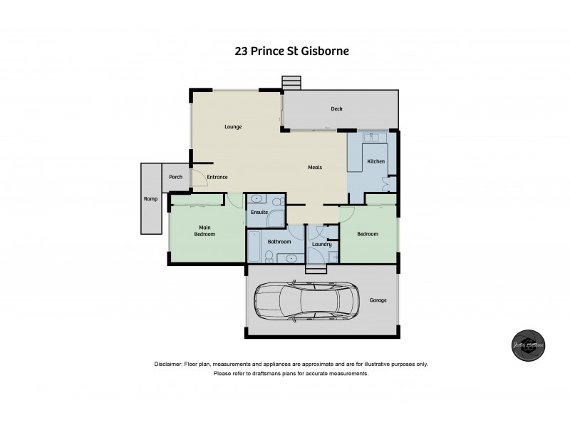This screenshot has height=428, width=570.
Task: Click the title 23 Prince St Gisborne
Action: coord(291,51)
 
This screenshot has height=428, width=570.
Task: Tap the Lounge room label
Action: coord(233,127)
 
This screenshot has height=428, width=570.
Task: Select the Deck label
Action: coord(337,109)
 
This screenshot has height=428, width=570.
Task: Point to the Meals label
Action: coord(315,168)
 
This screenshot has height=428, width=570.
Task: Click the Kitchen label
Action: coord(376,162)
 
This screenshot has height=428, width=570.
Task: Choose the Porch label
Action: coord(175,177)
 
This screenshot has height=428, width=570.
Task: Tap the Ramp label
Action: coord(150,199)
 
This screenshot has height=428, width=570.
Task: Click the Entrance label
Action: coord(217,177)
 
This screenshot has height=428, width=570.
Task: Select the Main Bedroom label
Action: coord(205,230)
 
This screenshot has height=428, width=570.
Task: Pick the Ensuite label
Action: coord(259,212)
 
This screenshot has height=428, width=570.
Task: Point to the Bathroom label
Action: coord(279,242)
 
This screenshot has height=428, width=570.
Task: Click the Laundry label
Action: coord(322,245)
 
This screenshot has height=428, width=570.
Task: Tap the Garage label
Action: coord(378,300)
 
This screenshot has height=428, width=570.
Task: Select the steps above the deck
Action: coord(291,83)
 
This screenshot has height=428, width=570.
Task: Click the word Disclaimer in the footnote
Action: coord(168,365)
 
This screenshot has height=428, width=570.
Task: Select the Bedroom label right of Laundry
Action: coord(368,234)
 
